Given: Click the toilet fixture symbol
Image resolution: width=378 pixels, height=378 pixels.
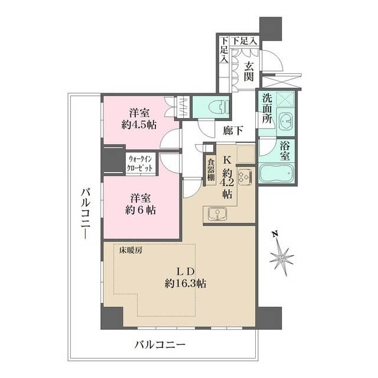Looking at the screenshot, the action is (x=218, y=107).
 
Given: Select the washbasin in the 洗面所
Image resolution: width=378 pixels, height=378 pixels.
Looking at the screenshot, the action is (x=285, y=121).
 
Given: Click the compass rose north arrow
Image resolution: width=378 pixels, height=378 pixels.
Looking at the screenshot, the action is (x=282, y=258).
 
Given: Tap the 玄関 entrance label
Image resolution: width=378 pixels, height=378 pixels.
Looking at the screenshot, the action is (x=248, y=71).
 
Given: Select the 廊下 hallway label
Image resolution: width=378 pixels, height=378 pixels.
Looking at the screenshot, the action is (x=233, y=131).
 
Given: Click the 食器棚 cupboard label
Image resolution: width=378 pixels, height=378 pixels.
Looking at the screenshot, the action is (x=211, y=171).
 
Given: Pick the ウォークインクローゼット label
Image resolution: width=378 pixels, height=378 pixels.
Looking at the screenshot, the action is (x=141, y=164).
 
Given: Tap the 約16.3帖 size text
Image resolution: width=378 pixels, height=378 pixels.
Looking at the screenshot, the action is (x=185, y=283).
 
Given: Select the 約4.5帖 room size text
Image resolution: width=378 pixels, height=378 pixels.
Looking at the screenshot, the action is (x=139, y=125).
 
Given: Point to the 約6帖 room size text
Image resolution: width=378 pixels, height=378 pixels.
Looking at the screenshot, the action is (x=141, y=210).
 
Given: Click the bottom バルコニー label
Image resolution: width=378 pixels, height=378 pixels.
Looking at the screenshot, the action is (x=160, y=344).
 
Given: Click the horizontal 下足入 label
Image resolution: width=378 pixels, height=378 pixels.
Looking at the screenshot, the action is (x=244, y=41).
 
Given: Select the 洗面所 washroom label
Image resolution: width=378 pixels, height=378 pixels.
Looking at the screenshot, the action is (x=267, y=109).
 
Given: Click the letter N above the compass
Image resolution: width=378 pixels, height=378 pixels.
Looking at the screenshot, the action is (x=274, y=233).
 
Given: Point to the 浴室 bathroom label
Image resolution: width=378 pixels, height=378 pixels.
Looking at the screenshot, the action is (x=285, y=151).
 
